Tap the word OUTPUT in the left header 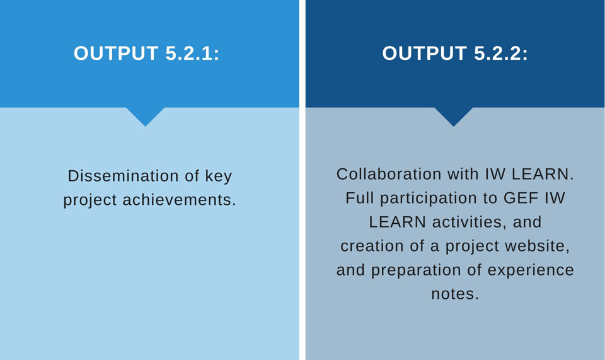click(116, 53)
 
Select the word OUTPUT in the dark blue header click(424, 53)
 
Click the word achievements click(179, 200)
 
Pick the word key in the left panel click(219, 177)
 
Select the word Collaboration click(389, 174)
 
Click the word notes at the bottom click(454, 294)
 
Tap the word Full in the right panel click(359, 198)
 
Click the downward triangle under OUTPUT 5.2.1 click(146, 115)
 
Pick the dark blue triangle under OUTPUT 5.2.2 click(454, 115)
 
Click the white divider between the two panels click(302, 180)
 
